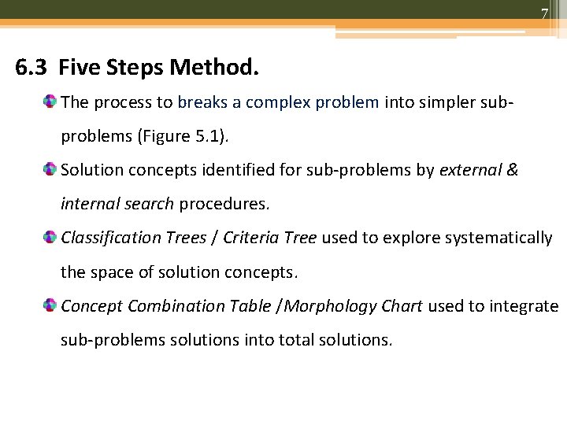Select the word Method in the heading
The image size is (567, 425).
point(215,68)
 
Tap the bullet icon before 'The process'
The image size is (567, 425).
point(50,102)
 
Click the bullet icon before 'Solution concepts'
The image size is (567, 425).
point(50,170)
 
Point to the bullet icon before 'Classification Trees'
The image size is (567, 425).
point(50,238)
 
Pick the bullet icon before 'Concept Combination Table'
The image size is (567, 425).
point(50,306)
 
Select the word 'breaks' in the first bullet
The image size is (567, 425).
point(203,102)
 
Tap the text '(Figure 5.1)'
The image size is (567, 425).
point(183,135)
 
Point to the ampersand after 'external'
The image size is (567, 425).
point(512,170)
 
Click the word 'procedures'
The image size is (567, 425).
point(224,204)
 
